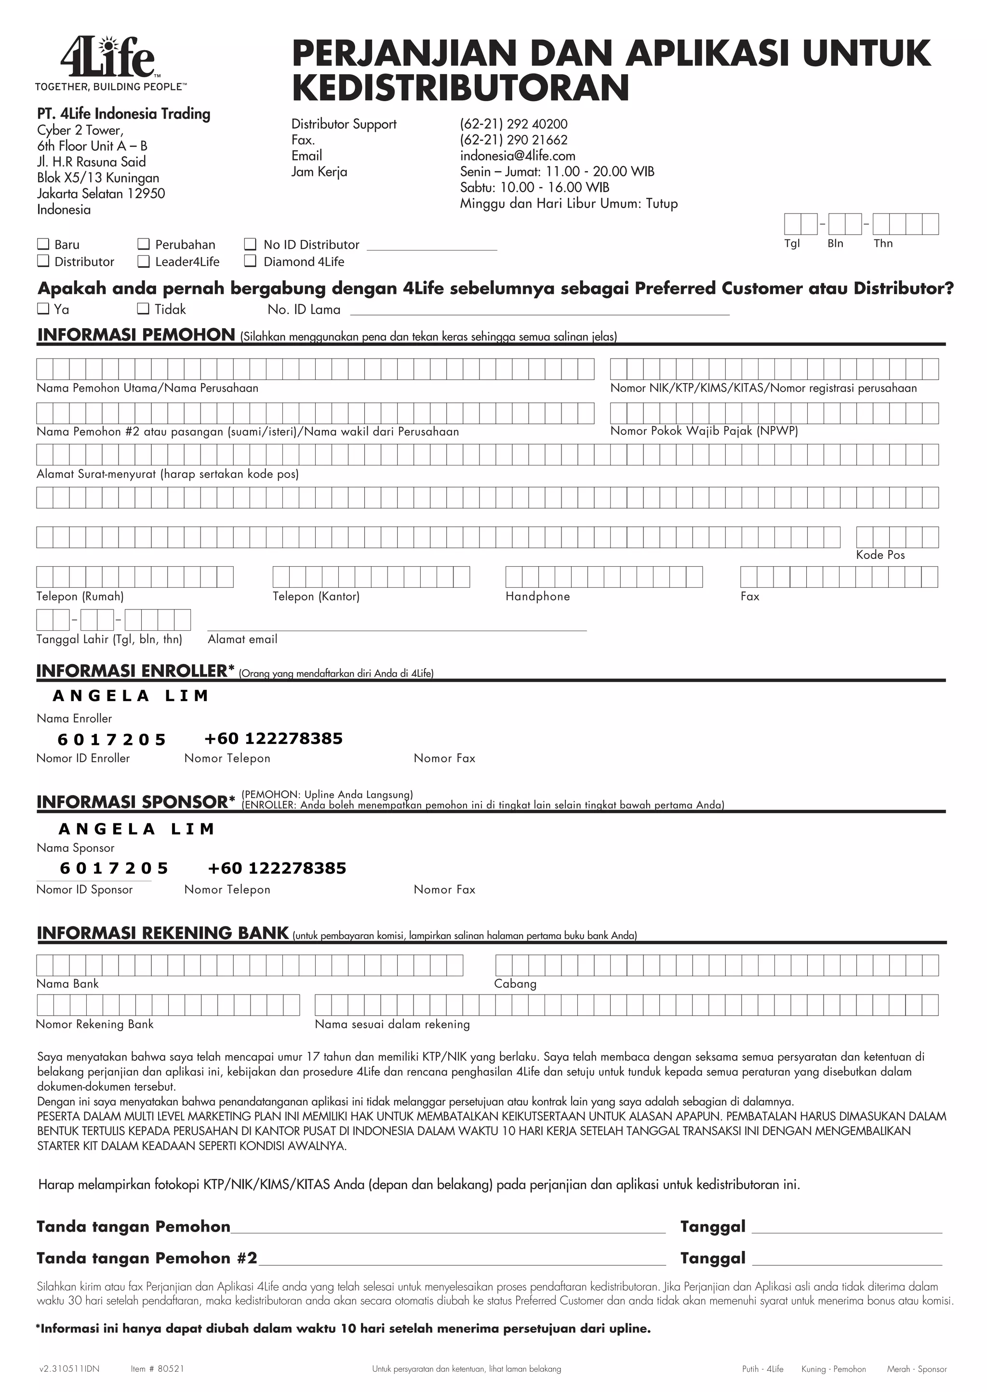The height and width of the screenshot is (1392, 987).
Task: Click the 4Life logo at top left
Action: click(108, 57)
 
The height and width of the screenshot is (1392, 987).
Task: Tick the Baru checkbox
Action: click(43, 244)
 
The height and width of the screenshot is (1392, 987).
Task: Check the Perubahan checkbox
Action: click(144, 244)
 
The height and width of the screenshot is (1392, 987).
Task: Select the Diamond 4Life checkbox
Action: click(251, 261)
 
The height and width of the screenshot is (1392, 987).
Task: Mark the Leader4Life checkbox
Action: click(144, 261)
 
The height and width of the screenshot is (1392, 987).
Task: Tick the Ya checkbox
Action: click(43, 309)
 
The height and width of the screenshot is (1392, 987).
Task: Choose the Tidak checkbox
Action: click(144, 309)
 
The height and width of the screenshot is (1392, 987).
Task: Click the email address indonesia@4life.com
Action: click(517, 156)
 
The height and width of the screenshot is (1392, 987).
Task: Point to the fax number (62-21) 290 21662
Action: click(514, 140)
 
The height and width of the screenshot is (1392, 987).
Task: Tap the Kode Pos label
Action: click(880, 555)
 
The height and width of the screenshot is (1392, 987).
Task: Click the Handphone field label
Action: click(537, 596)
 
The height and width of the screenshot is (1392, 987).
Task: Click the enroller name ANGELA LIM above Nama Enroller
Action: click(131, 696)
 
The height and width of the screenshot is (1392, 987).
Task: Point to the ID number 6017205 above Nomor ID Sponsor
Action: click(114, 868)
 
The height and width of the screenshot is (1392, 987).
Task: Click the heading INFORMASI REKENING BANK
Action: click(162, 933)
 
